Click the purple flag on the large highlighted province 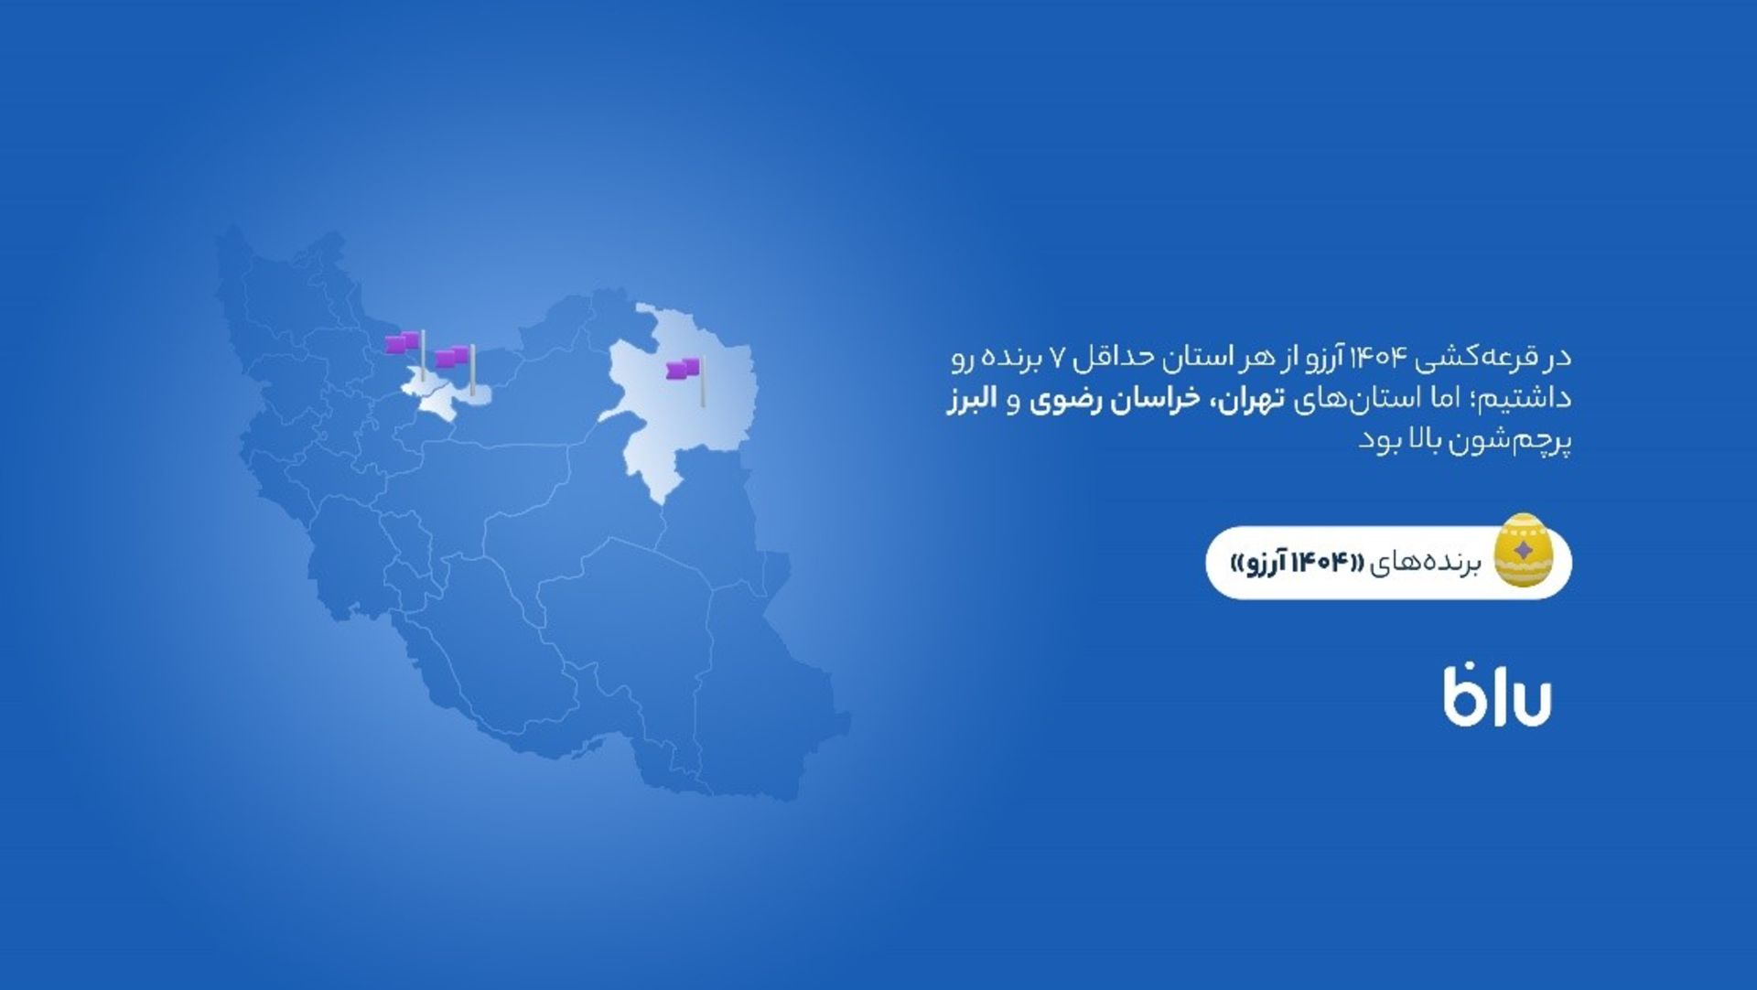684,369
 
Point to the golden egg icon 1523,550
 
